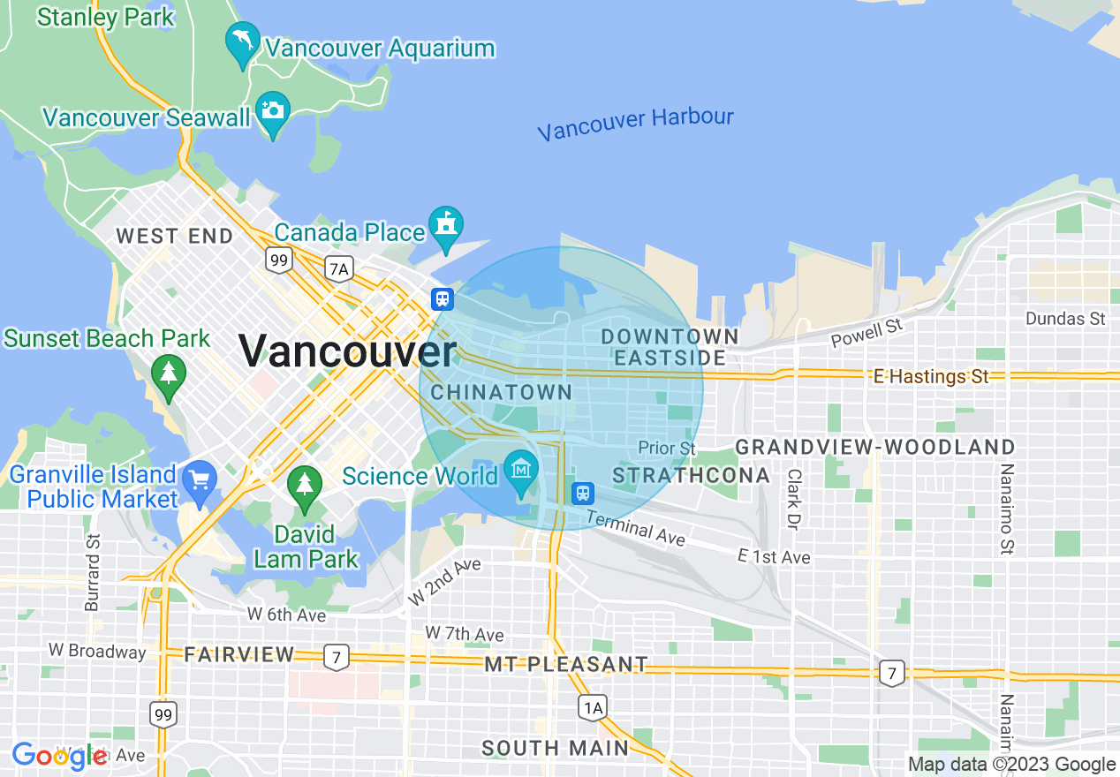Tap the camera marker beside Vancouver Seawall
272,111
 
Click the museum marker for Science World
521,468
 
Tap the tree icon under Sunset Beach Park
168,373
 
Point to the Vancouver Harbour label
635,124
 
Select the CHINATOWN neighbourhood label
502,392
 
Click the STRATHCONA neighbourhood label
692,476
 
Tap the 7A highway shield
338,268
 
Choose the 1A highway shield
593,706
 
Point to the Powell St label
867,333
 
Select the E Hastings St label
931,377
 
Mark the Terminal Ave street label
635,527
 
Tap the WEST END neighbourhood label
175,236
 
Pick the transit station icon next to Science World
582,491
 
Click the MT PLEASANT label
566,664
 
